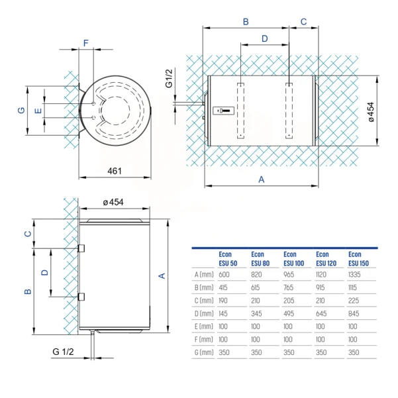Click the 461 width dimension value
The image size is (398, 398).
pyautogui.click(x=115, y=171)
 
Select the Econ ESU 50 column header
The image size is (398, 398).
pyautogui.click(x=228, y=259)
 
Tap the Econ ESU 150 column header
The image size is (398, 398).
pyautogui.click(x=358, y=259)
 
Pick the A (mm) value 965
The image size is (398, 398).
pyautogui.click(x=289, y=275)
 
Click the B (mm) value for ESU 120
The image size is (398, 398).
pyautogui.click(x=321, y=287)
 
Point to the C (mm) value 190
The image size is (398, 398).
pyautogui.click(x=223, y=301)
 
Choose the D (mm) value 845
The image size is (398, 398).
pyautogui.click(x=354, y=313)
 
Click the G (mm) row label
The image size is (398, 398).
pyautogui.click(x=204, y=352)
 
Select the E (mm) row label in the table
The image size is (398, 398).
pyautogui.click(x=204, y=326)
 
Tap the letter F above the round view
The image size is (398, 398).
pyautogui.click(x=86, y=43)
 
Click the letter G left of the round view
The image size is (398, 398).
pyautogui.click(x=22, y=111)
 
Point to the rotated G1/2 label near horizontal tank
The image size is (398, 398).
pyautogui.click(x=169, y=78)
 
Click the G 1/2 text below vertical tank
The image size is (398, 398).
pyautogui.click(x=63, y=352)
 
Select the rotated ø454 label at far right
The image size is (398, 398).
pyautogui.click(x=371, y=112)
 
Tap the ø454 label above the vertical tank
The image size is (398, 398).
pyautogui.click(x=113, y=202)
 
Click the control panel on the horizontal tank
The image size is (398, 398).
pyautogui.click(x=223, y=111)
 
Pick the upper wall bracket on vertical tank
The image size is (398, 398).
pyautogui.click(x=81, y=248)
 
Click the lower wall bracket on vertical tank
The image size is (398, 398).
pyautogui.click(x=81, y=297)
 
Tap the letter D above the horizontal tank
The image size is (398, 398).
pyautogui.click(x=265, y=38)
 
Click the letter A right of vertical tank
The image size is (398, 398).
pyautogui.click(x=162, y=275)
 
